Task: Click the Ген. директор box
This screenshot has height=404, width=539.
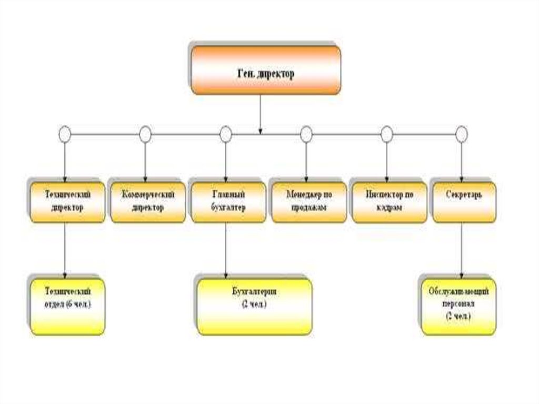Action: click(x=265, y=70)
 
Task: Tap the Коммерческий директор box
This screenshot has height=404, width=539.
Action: click(x=148, y=201)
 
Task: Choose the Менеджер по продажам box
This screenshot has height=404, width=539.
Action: click(x=309, y=201)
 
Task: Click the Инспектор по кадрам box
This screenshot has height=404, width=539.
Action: click(x=390, y=201)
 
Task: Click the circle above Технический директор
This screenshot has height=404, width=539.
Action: click(x=64, y=135)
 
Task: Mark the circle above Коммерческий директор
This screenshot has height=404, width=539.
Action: click(x=145, y=135)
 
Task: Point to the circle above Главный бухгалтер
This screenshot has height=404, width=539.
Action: click(x=226, y=135)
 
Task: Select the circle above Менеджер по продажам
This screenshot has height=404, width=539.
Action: click(x=306, y=135)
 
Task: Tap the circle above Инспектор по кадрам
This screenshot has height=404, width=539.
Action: click(x=387, y=135)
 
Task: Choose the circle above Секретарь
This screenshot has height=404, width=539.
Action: click(x=462, y=135)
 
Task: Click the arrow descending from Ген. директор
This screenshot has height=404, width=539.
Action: click(x=260, y=113)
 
